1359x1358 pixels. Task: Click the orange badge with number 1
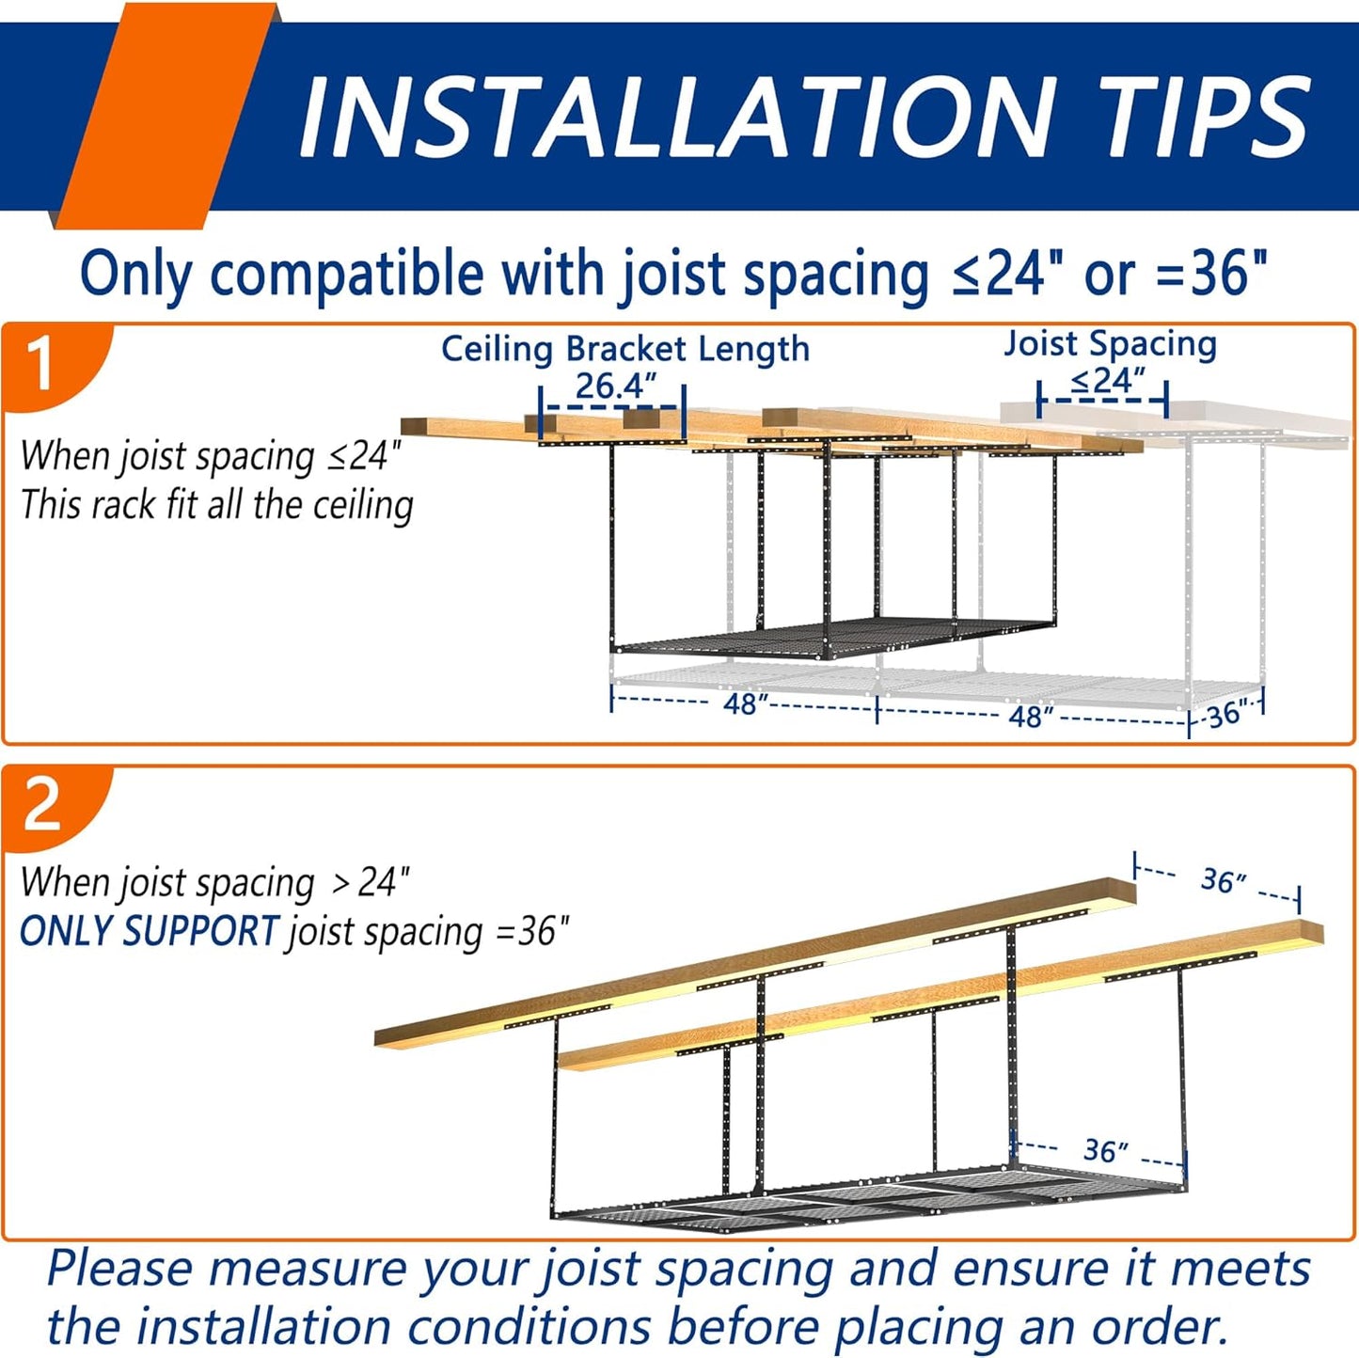[53, 367]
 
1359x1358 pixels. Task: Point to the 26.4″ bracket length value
[616, 386]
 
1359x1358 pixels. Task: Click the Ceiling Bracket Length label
[624, 349]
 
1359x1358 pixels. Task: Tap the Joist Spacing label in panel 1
[1110, 345]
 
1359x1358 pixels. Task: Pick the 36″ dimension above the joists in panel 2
[1224, 881]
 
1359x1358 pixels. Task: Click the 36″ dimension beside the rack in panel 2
[1106, 1150]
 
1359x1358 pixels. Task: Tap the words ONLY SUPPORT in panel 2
[150, 930]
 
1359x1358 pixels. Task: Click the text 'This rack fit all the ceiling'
[217, 505]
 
